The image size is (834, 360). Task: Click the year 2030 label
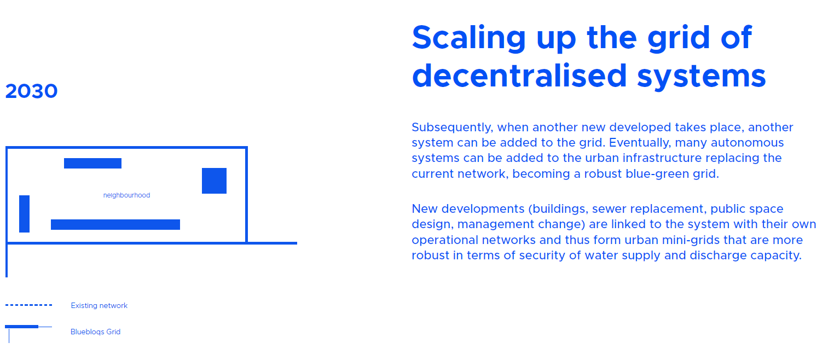(x=32, y=91)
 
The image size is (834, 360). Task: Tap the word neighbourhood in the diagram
(x=126, y=195)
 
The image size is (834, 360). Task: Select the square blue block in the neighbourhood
(x=214, y=181)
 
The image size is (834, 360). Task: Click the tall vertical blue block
(x=24, y=214)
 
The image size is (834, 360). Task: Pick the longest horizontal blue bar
(x=115, y=224)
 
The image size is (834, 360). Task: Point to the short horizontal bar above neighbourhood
(x=92, y=163)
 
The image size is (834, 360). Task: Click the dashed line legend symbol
(x=28, y=305)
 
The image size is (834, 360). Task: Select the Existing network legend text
(x=99, y=306)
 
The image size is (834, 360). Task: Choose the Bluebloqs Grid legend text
(x=95, y=332)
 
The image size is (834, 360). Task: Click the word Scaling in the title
(x=469, y=38)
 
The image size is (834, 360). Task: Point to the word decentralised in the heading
(x=520, y=76)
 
